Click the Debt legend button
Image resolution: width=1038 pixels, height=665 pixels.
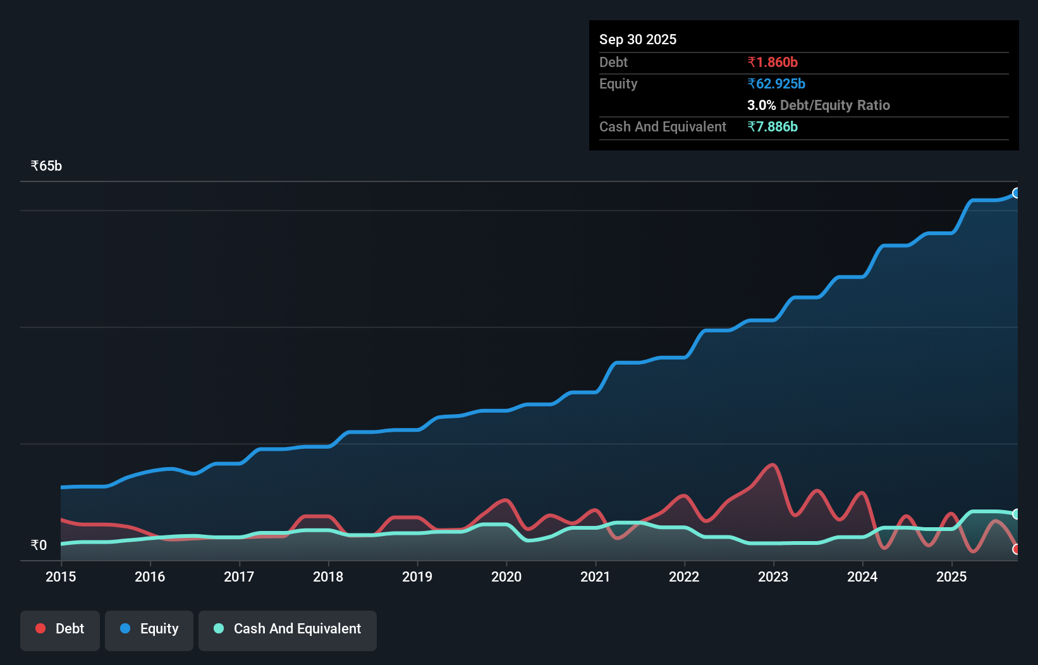(x=60, y=630)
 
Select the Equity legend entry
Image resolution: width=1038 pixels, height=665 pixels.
(x=149, y=630)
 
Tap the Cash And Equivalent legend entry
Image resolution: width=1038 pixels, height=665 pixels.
(x=288, y=630)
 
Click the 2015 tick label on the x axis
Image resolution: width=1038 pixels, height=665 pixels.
(x=61, y=577)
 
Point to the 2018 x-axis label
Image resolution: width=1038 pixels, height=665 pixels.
(x=328, y=577)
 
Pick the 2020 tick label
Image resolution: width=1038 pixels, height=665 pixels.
(x=506, y=577)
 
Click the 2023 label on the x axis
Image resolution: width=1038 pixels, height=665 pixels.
(x=773, y=577)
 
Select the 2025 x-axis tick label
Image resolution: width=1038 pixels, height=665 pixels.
(x=951, y=577)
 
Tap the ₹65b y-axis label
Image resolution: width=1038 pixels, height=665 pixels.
(x=46, y=166)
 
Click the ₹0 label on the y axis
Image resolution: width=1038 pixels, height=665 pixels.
(x=39, y=546)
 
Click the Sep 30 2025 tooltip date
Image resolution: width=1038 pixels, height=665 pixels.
(x=637, y=40)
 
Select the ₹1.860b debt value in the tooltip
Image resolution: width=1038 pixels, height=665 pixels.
(x=772, y=63)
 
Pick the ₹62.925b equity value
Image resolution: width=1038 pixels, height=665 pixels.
(x=776, y=84)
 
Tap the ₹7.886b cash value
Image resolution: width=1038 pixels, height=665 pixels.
(x=772, y=127)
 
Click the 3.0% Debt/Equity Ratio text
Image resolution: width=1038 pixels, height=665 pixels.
(x=818, y=106)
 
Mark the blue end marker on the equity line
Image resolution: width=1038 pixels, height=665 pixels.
(x=1016, y=193)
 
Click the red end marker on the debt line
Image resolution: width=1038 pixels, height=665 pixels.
(x=1016, y=549)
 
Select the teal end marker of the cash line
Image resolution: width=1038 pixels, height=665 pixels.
(x=1016, y=514)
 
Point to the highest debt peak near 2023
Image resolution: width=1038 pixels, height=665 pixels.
(x=772, y=465)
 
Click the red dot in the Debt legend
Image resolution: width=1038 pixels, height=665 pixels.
(x=40, y=628)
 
